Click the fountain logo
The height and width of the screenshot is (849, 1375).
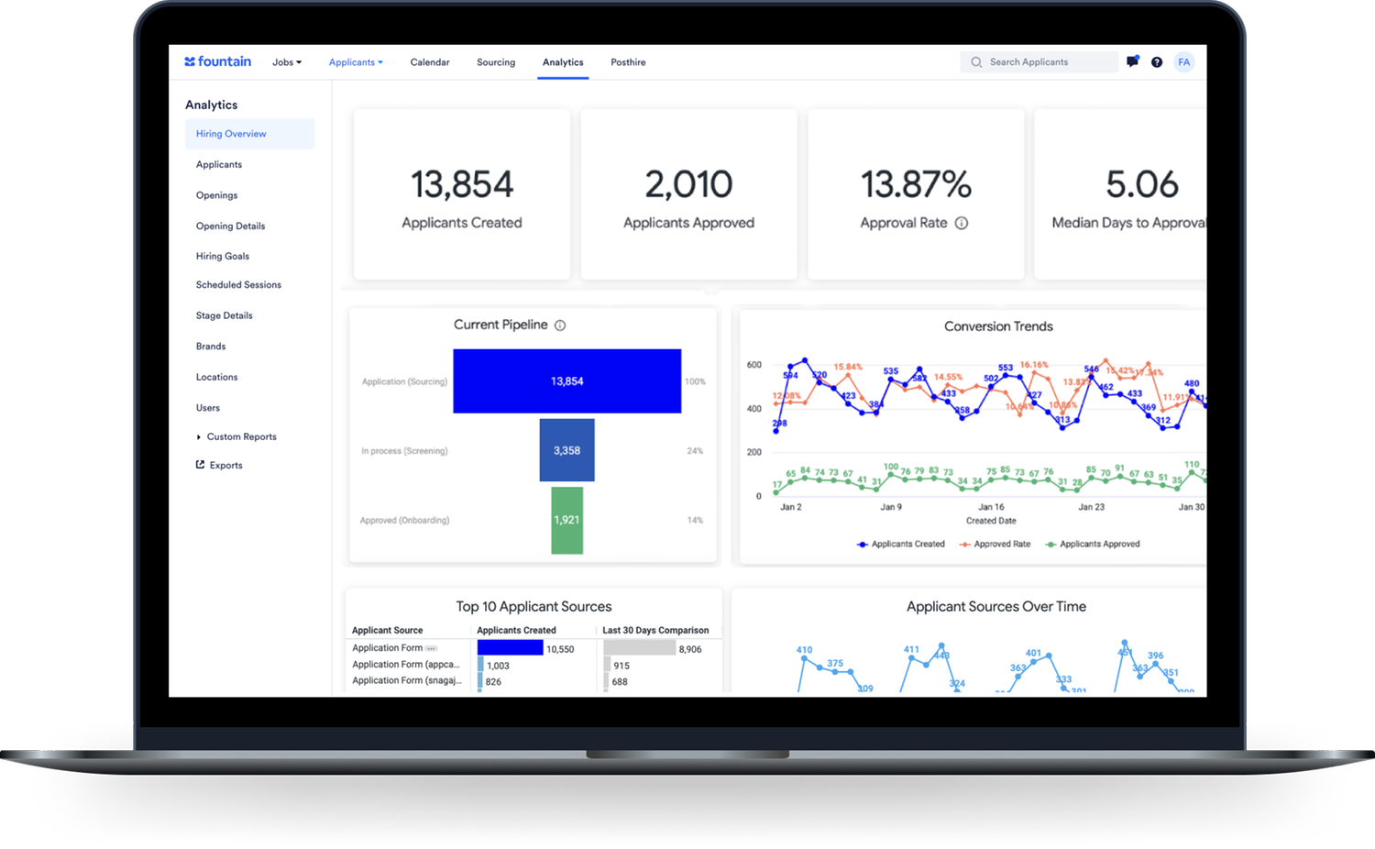(x=217, y=61)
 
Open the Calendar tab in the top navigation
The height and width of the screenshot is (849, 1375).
(x=430, y=62)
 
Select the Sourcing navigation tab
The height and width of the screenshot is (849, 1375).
(x=496, y=62)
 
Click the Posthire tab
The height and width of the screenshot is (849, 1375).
(x=628, y=62)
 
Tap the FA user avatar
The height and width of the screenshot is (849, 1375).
(x=1184, y=62)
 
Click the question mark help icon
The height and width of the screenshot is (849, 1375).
(x=1157, y=62)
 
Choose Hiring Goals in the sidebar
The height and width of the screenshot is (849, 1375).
(x=223, y=257)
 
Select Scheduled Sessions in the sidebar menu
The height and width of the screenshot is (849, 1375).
(x=238, y=285)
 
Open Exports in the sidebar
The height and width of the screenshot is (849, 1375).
(x=225, y=466)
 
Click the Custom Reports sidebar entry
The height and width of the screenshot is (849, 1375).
(x=241, y=437)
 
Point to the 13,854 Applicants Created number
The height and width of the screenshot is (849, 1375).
(x=462, y=185)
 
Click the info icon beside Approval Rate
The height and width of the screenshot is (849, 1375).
(x=962, y=223)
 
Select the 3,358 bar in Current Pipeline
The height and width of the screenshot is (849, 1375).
(x=566, y=450)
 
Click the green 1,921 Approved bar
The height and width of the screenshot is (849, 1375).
(x=566, y=520)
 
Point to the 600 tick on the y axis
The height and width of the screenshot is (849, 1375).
(x=753, y=365)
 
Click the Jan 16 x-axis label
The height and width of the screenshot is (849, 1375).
(x=991, y=507)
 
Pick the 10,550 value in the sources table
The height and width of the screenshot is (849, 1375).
(x=560, y=649)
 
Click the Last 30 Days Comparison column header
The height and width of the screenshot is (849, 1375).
(x=655, y=631)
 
